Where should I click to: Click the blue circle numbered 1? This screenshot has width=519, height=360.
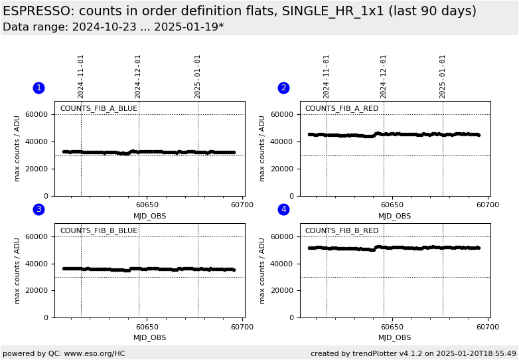38,88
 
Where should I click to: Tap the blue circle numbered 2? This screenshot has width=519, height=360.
283,88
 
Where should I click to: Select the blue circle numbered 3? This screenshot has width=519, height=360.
38,209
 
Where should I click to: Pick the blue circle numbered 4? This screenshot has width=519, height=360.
283,209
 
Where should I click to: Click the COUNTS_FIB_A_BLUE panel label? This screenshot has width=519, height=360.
98,109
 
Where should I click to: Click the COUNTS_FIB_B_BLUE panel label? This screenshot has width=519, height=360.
98,231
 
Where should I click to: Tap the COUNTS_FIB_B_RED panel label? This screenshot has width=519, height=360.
342,231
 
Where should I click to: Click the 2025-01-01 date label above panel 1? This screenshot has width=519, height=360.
198,76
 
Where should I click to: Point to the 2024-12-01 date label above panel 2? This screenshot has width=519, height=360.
384,76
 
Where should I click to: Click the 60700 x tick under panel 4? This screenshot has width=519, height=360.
488,327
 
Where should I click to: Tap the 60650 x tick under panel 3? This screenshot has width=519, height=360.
147,327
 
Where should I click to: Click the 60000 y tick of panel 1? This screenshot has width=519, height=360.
37,114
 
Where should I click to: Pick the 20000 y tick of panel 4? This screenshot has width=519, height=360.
281,290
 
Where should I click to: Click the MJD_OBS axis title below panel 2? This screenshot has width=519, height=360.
395,216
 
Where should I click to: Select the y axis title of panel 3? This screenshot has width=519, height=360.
18,270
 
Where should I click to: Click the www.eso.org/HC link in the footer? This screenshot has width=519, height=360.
90,353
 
